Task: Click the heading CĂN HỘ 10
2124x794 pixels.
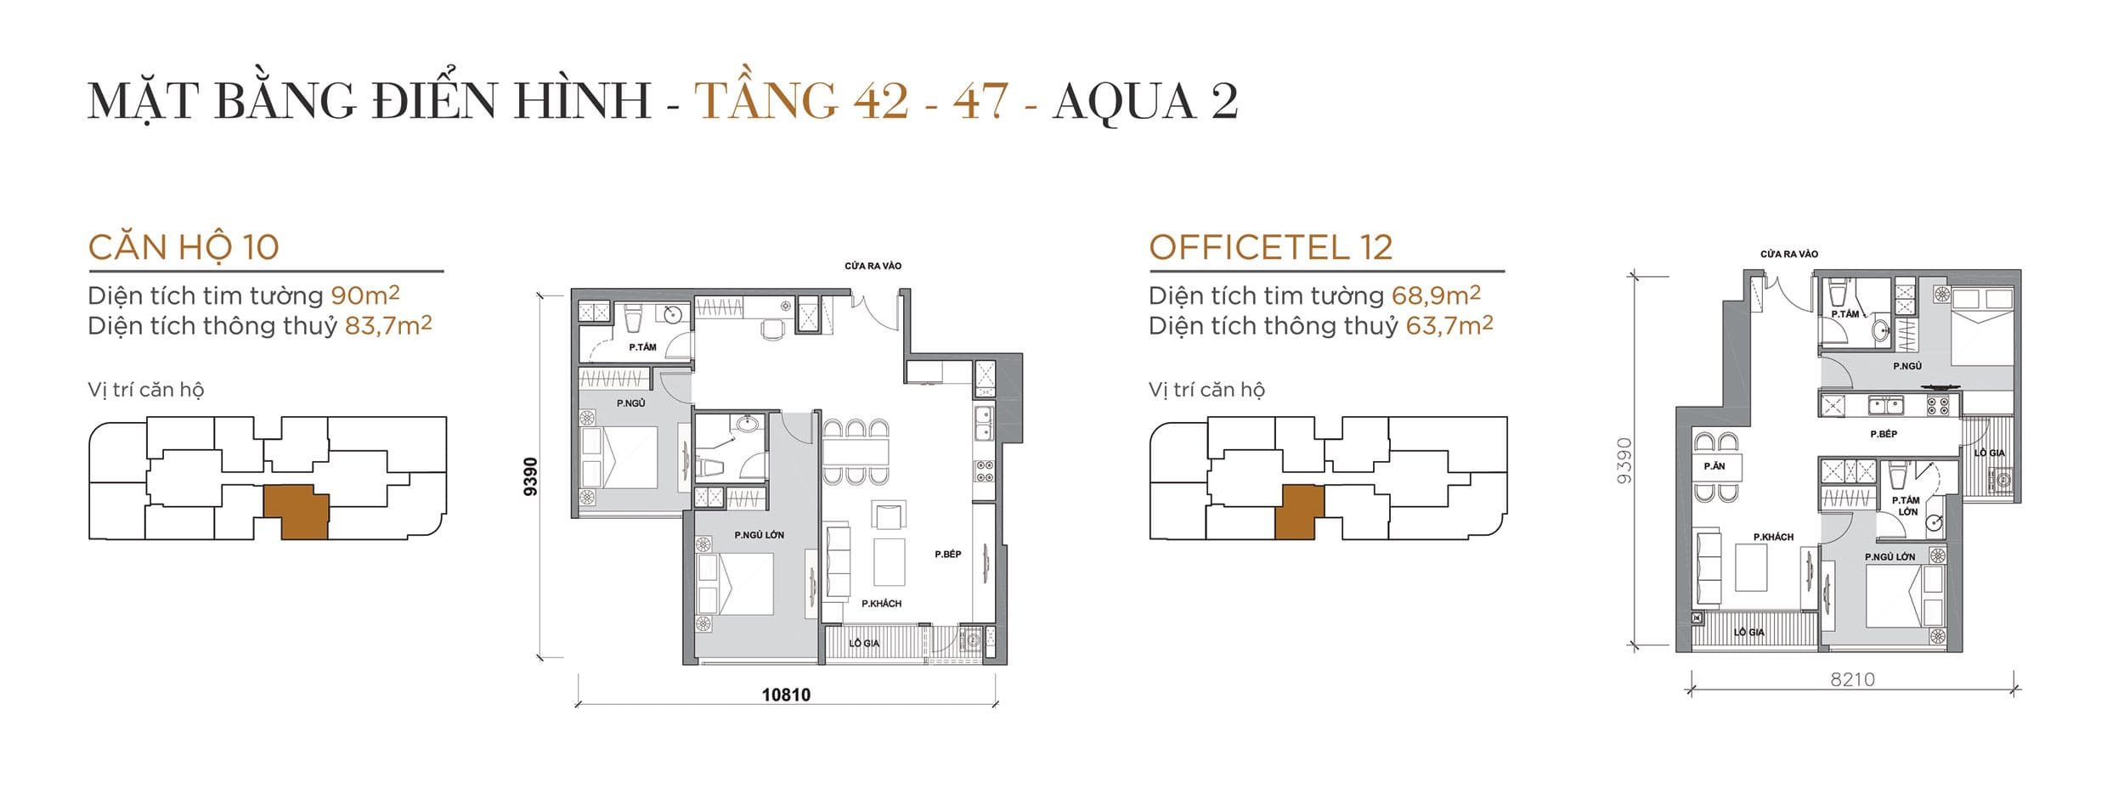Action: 184,248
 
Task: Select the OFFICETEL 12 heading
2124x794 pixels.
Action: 1270,248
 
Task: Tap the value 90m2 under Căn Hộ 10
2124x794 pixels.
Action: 364,296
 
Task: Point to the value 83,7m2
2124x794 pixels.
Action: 387,326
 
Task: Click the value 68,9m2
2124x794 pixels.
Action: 1436,296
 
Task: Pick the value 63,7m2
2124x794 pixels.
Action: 1449,326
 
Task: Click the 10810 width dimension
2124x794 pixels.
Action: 786,695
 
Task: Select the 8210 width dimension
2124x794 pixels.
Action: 1852,679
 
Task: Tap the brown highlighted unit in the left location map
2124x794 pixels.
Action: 296,512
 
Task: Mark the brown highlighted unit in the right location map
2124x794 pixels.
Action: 1298,512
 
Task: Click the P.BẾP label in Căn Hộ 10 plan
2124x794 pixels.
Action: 947,555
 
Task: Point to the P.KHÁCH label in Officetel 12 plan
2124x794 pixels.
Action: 1773,538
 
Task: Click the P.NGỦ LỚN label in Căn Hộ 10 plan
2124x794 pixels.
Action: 759,535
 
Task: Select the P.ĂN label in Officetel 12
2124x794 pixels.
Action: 1714,466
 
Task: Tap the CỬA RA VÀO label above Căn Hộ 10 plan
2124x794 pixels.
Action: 873,266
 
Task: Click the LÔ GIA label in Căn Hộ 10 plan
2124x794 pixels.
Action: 864,644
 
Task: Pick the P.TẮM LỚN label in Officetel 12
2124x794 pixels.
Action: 1907,506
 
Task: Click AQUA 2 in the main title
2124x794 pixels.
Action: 1144,102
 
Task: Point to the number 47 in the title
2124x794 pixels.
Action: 980,102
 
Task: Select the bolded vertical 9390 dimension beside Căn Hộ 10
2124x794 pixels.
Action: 530,476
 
